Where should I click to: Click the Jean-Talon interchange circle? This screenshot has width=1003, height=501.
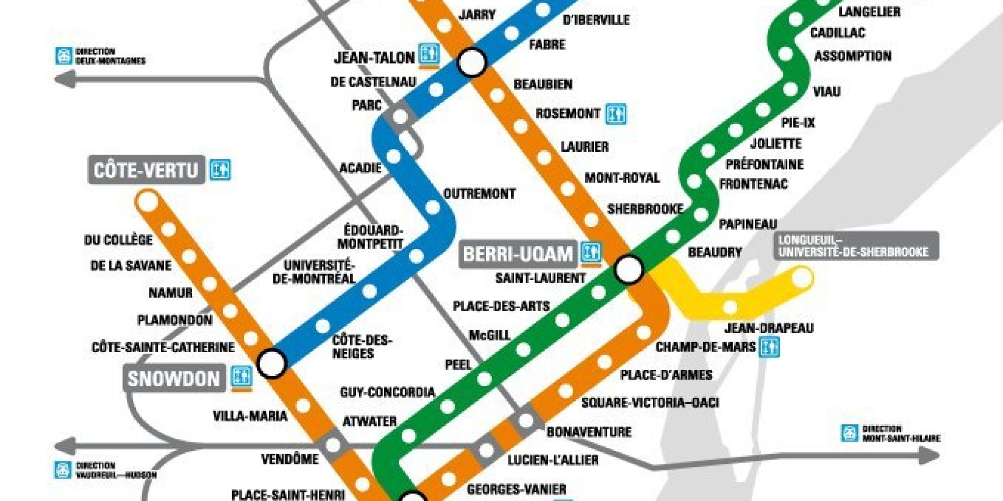[x=471, y=62]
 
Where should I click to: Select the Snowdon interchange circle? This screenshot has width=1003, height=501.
[x=272, y=363]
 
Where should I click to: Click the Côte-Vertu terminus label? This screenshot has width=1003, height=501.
[x=146, y=170]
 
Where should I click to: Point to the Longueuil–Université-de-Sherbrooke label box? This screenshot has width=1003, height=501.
[x=856, y=246]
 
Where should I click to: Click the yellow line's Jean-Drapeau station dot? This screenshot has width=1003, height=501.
[x=730, y=307]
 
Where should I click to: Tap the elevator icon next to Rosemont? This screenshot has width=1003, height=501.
[x=615, y=114]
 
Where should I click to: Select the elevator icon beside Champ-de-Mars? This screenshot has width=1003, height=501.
[x=769, y=347]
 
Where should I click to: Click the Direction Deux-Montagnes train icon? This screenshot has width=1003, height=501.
[x=64, y=56]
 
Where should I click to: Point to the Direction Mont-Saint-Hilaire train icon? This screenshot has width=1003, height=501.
[x=850, y=433]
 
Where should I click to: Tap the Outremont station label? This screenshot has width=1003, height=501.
[x=479, y=194]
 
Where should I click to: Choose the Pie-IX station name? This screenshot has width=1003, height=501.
[x=798, y=123]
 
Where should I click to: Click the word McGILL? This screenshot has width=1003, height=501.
[x=489, y=335]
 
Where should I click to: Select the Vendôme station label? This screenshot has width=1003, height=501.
[x=290, y=459]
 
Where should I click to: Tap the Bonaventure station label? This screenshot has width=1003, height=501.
[x=589, y=432]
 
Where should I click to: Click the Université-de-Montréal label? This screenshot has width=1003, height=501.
[x=314, y=272]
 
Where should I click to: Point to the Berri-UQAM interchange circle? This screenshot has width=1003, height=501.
[x=629, y=270]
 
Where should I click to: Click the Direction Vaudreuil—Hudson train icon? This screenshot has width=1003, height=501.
[x=63, y=470]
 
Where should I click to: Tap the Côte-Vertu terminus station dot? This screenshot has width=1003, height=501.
[x=148, y=202]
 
